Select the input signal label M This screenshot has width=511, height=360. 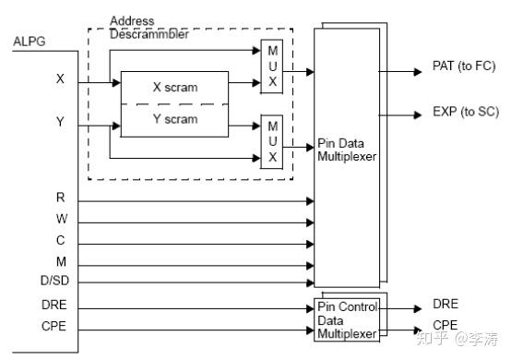[x=61, y=263]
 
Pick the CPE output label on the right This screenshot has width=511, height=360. [x=445, y=325]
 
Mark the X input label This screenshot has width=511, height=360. [x=61, y=80]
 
